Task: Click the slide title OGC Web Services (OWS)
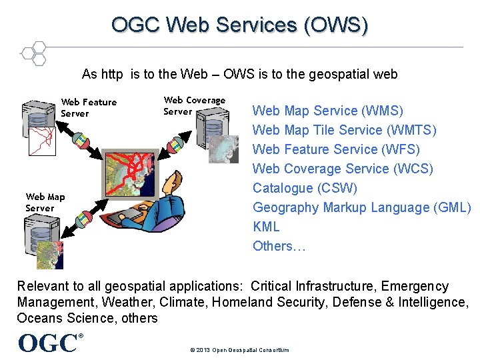[239, 25]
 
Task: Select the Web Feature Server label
[88, 107]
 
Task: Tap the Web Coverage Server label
[194, 105]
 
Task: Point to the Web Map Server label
[45, 202]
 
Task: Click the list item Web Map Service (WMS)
[327, 111]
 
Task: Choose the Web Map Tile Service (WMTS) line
[344, 130]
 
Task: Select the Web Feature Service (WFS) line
[336, 149]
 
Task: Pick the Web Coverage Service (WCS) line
[343, 169]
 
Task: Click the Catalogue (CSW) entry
[305, 188]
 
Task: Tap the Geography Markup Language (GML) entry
[361, 207]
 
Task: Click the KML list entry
[266, 227]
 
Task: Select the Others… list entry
[279, 246]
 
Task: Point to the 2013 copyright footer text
[239, 350]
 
